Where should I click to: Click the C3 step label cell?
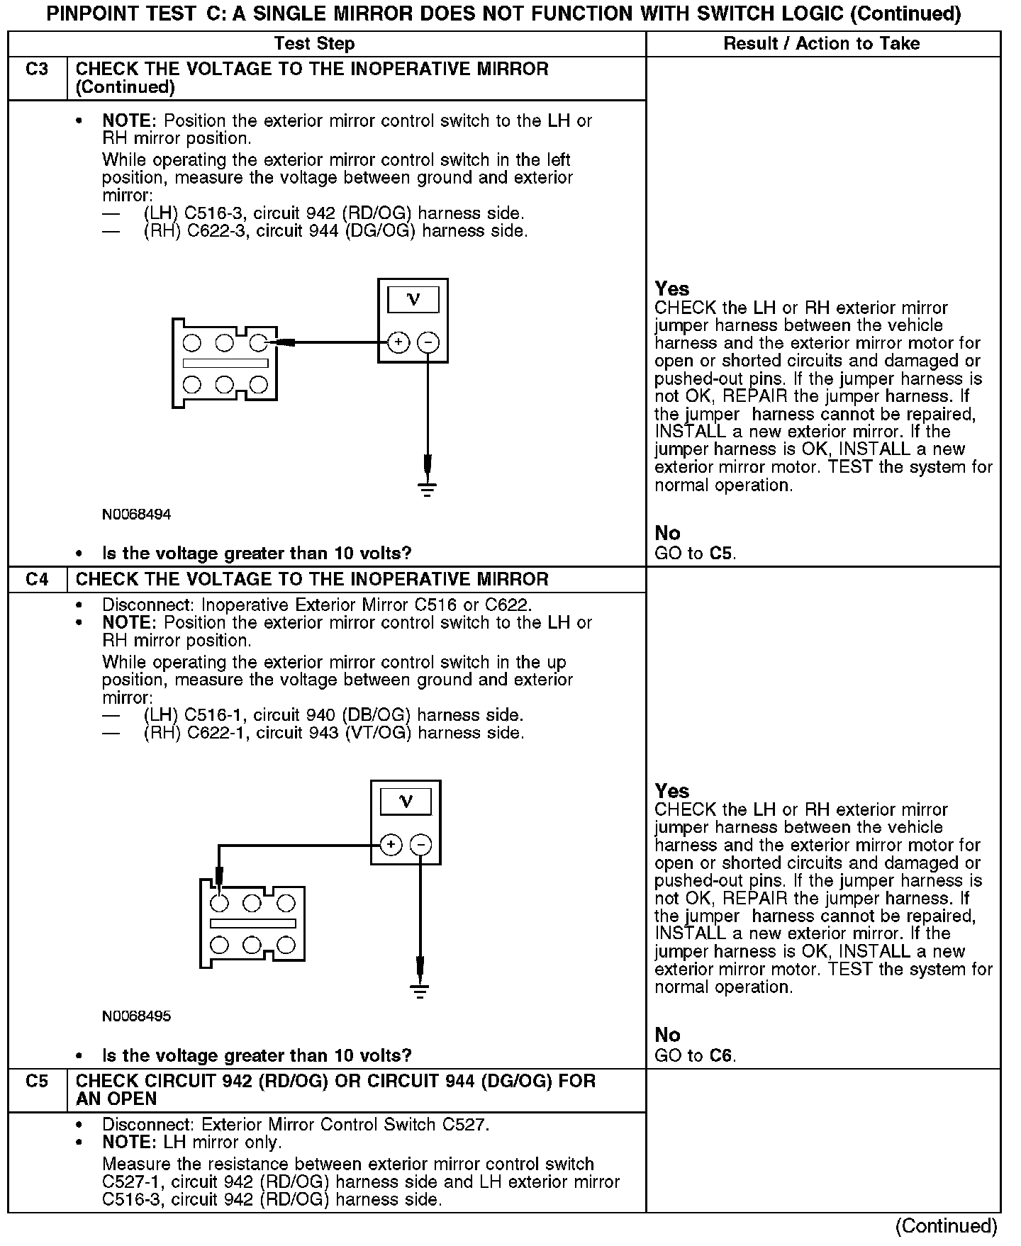(37, 70)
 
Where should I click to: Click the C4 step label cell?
(37, 579)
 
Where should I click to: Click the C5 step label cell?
(37, 1082)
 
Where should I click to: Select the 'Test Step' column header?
(314, 44)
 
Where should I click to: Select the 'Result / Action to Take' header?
(821, 44)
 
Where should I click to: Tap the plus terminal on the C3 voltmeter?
(398, 343)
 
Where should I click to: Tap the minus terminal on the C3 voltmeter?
(428, 343)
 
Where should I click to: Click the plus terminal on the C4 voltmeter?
(391, 845)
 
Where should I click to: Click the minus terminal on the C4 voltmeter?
(420, 845)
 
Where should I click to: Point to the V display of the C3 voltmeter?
(413, 301)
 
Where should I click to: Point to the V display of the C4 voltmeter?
(406, 802)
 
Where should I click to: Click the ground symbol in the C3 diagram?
(427, 488)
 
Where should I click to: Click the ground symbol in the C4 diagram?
(420, 990)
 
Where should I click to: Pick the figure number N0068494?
(137, 515)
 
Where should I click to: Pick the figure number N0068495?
(137, 1016)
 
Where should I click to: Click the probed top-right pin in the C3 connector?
(259, 343)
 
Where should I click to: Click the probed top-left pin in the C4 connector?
(220, 903)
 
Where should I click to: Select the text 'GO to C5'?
(695, 554)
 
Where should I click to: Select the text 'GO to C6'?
(695, 1056)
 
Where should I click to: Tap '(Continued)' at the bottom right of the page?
(946, 1226)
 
